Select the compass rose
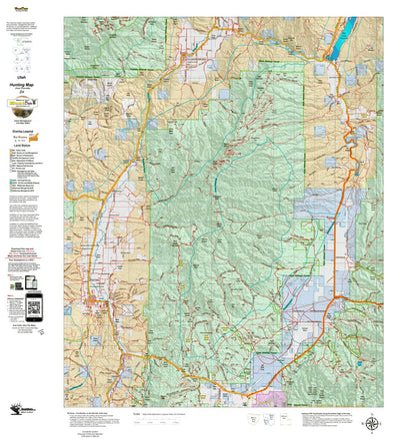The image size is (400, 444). (x=372, y=422)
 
